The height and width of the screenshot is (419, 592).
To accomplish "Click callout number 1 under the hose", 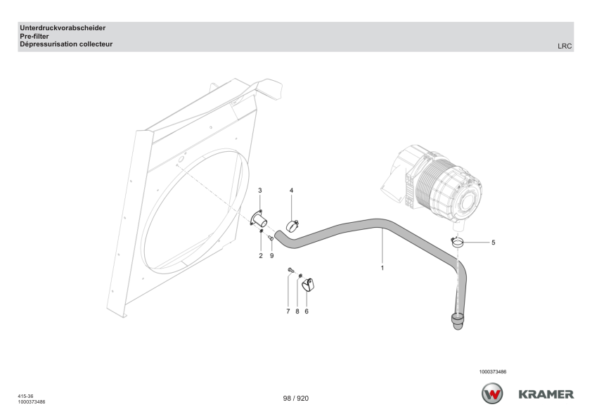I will pos(382,268).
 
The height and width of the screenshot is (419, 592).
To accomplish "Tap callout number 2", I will pos(260,255).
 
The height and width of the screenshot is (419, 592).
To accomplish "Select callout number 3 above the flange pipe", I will pos(260,191).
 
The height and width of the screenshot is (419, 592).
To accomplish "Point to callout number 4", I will pos(292,191).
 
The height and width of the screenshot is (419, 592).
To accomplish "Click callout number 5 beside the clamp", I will pos(493,243).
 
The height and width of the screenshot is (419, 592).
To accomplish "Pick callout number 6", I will pos(307,310).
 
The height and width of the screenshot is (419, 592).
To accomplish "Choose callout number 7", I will pos(288,310).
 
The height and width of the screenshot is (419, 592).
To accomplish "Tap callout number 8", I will pos(297,310).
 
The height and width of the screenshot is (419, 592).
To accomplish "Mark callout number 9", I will pos(271,255).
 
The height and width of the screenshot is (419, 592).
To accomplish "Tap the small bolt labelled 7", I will pos(290,271).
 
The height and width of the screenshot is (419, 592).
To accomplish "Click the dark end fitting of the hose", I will pos(457,322).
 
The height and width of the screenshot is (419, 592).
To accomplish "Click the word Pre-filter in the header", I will pos(34,36).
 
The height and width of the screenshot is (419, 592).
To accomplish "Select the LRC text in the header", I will pos(565,46).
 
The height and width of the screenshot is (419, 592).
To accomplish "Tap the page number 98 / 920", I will pos(295,398).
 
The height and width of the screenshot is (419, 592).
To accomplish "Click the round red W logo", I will pos(492,394).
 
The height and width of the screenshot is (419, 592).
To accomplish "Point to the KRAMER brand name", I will pos(546,394).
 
